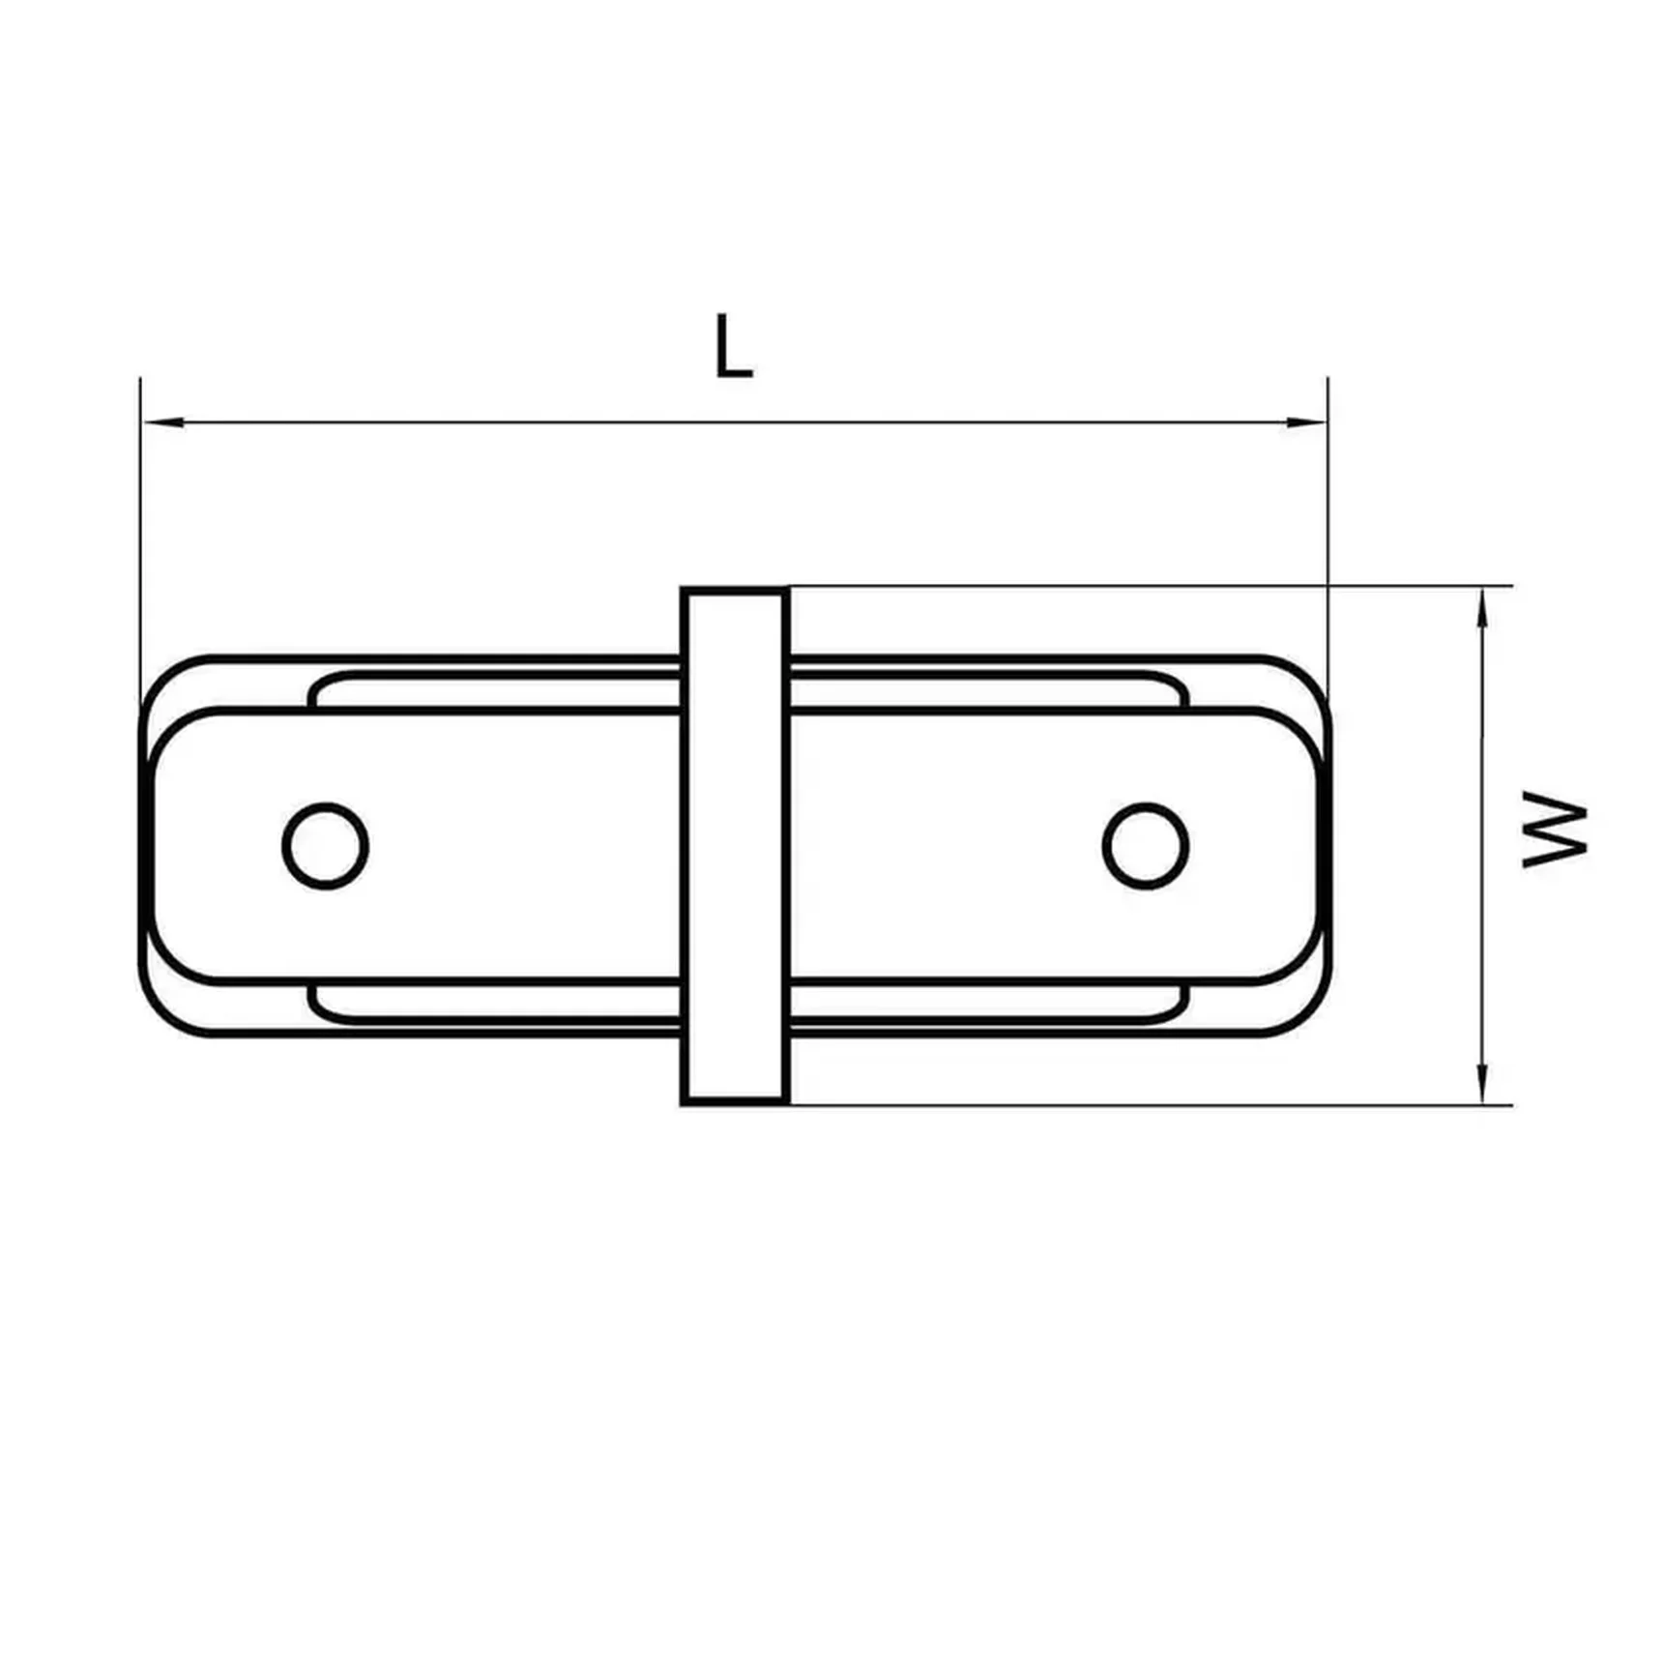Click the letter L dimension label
pos(732,346)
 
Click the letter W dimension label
pos(1554,830)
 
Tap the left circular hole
pos(326,846)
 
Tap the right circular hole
pos(1146,846)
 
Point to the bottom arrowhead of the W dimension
pos(1482,1083)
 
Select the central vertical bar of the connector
pos(735,846)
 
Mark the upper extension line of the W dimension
pos(1160,586)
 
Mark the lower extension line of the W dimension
pos(1160,1104)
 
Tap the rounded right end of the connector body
pos(1322,846)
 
